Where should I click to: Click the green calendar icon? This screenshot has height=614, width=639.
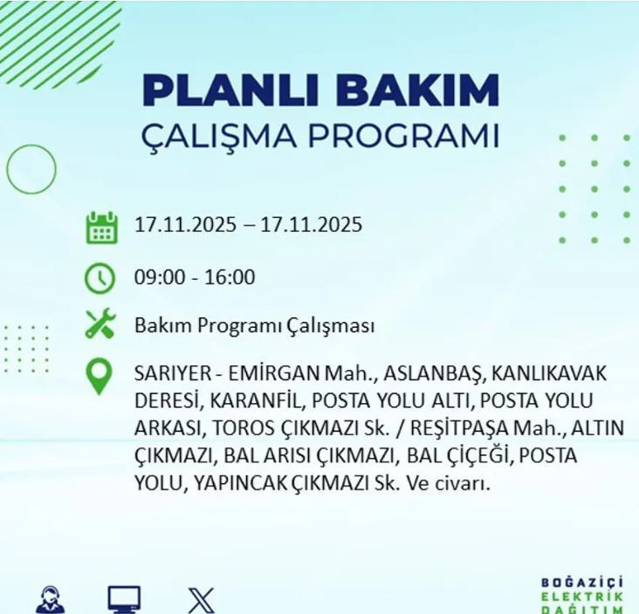(101, 227)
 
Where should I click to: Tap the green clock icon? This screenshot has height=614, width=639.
(100, 278)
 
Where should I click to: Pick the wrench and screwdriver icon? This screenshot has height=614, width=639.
(100, 325)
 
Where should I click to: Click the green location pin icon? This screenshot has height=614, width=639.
(100, 377)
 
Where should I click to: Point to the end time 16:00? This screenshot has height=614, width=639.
(230, 278)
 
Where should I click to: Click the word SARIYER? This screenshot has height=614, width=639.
(172, 374)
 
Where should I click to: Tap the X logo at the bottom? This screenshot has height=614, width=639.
(201, 600)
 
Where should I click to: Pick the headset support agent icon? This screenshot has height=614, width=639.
(50, 600)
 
